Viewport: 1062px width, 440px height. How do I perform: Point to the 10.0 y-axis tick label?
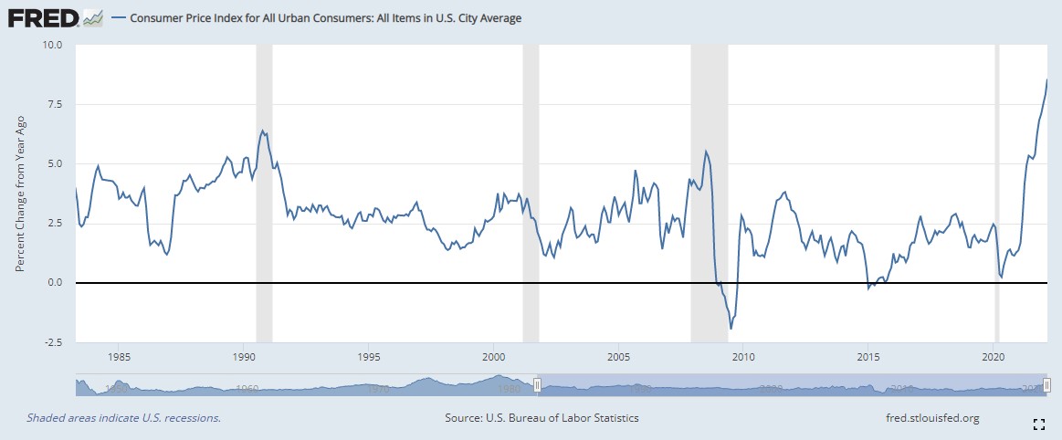(50, 44)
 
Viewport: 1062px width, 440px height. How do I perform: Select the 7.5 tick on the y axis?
(53, 104)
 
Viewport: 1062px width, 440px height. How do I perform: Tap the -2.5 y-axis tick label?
(51, 342)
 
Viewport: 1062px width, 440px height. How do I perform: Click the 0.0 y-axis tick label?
(53, 283)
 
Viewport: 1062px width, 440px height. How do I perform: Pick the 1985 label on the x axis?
(118, 357)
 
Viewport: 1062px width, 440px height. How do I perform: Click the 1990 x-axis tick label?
(243, 357)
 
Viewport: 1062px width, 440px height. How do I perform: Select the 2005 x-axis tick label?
(619, 357)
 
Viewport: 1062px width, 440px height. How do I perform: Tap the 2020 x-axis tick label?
(994, 357)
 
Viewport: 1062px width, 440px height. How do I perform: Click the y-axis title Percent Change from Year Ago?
(20, 194)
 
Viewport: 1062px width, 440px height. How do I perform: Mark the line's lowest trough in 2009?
(731, 329)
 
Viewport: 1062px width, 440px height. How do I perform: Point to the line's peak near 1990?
(263, 131)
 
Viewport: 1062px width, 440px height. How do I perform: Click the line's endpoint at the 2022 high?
(1046, 80)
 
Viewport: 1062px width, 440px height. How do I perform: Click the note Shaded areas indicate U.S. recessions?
(124, 418)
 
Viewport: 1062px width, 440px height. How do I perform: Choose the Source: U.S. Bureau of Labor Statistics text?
(542, 418)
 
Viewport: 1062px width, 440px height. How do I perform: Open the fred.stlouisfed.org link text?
(926, 418)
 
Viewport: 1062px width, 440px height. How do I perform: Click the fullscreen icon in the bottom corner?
(1038, 424)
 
